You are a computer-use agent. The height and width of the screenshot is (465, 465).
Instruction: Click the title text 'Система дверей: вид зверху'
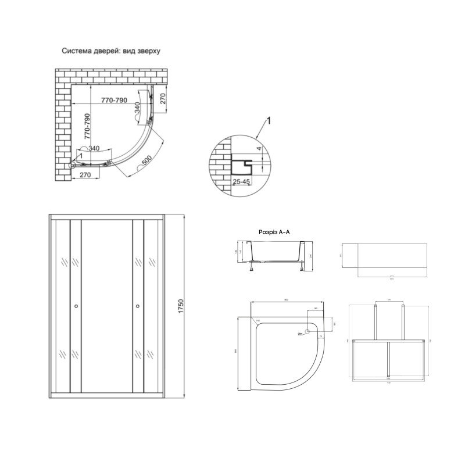111,51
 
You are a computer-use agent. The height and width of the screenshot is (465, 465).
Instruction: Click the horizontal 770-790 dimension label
114,101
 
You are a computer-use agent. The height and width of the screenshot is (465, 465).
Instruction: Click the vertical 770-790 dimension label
88,124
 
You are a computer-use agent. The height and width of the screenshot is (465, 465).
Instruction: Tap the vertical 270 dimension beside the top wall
163,99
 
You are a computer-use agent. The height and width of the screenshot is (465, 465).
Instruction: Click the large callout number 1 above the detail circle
269,121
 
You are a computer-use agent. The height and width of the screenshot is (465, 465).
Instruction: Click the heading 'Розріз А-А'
274,232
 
